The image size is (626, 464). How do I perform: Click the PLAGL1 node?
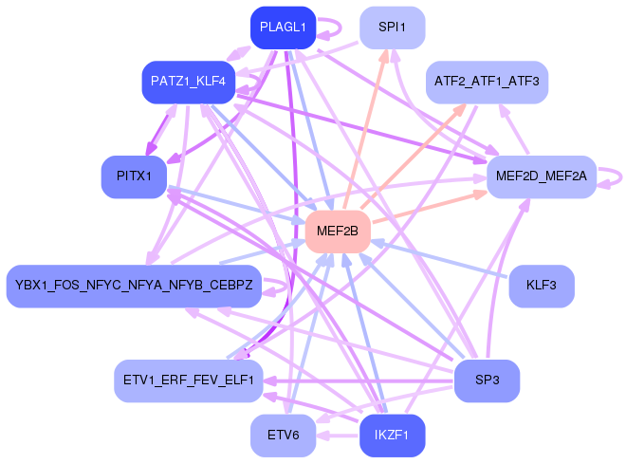(x=283, y=28)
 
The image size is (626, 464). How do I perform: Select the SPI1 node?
(x=392, y=28)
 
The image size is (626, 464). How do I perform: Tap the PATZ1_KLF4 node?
(x=188, y=82)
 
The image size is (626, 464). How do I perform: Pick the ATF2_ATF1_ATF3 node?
(x=487, y=82)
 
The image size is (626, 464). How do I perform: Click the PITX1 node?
(x=134, y=176)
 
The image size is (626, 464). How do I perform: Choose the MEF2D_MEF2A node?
(x=541, y=176)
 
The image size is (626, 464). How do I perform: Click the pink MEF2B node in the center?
(x=337, y=231)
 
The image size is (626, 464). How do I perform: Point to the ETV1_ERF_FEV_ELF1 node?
(x=188, y=380)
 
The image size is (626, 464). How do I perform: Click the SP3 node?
(x=487, y=380)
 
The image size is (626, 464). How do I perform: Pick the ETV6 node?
(x=283, y=436)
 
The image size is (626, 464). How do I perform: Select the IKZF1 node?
(x=392, y=436)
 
